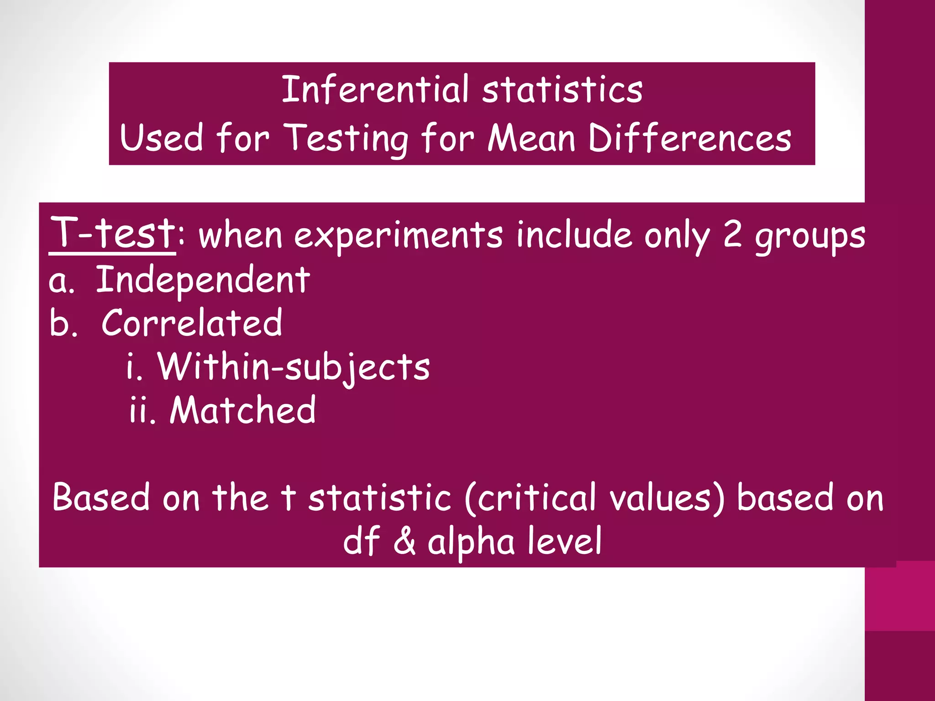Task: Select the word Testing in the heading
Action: [346, 138]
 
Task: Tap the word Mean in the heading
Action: [531, 138]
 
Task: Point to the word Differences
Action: [689, 138]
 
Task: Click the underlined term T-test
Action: [112, 233]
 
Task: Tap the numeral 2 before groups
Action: [732, 235]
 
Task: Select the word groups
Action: [810, 237]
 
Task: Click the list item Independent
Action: [203, 280]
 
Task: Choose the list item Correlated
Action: [192, 323]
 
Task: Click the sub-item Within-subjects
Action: [294, 367]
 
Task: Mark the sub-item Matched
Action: [242, 410]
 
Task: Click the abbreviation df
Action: [361, 541]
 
